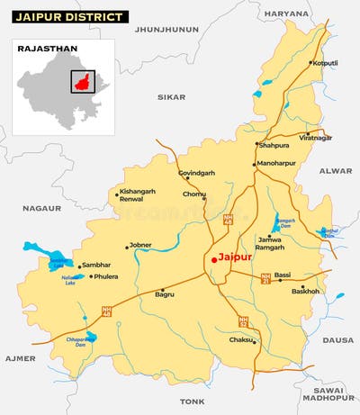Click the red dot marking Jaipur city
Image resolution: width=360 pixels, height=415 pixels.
pos(213,259)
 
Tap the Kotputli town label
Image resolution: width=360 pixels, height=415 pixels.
pos(324,63)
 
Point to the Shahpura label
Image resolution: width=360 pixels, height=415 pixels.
pos(274,143)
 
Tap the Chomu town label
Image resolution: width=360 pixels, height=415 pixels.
pos(194,194)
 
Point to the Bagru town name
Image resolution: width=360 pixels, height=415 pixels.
pos(165,293)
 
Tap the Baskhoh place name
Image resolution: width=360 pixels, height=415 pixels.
pos(305,291)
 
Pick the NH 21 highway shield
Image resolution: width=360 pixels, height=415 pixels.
pos(265,278)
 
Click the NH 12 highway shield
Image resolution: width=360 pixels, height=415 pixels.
pos(243,320)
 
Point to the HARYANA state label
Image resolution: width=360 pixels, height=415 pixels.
pos(286,14)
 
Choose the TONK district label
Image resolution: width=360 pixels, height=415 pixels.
pos(192,401)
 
